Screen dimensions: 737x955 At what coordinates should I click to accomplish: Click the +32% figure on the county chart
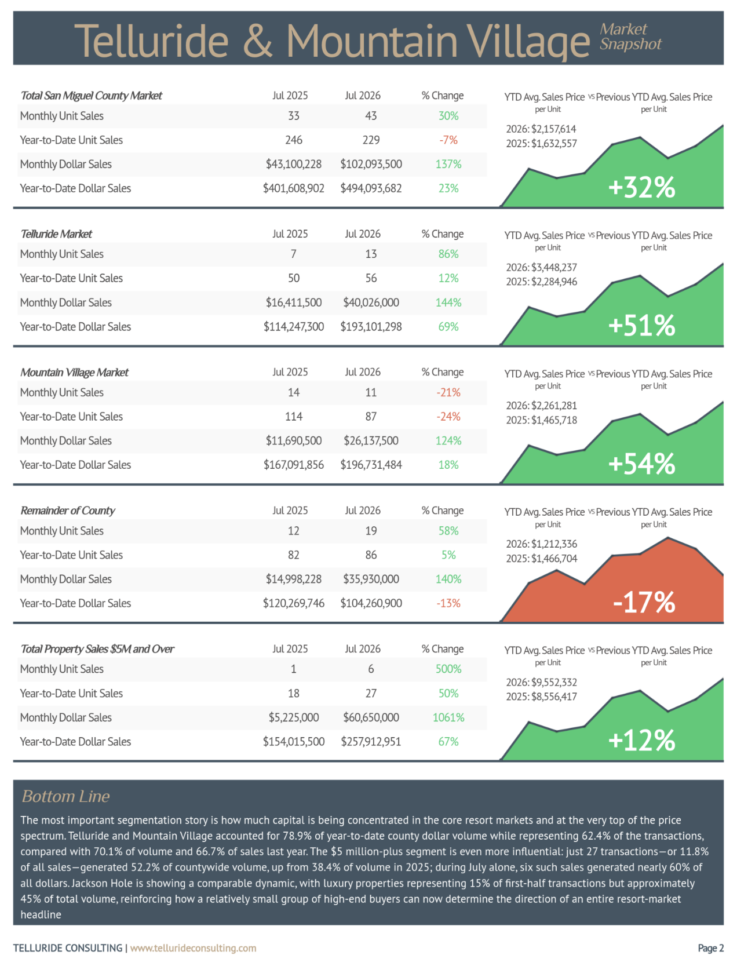pyautogui.click(x=641, y=188)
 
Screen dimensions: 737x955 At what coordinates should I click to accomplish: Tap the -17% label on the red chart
pyautogui.click(x=644, y=602)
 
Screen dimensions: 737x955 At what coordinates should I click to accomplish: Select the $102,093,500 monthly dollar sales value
pyautogui.click(x=371, y=165)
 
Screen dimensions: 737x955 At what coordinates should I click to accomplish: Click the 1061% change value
pyautogui.click(x=448, y=717)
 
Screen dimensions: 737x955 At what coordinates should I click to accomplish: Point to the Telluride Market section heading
pyautogui.click(x=56, y=234)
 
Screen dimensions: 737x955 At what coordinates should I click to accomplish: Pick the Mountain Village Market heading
pyautogui.click(x=74, y=372)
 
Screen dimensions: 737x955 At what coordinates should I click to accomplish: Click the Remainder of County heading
pyautogui.click(x=68, y=511)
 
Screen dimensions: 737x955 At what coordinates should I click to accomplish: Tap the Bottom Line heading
pyautogui.click(x=66, y=796)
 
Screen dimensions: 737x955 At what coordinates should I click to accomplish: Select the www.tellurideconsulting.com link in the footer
pyautogui.click(x=194, y=948)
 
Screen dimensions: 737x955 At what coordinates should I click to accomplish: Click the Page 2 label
pyautogui.click(x=711, y=948)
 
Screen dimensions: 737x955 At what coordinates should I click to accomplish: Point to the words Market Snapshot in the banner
pyautogui.click(x=631, y=37)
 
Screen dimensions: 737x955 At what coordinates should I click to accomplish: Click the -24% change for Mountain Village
pyautogui.click(x=448, y=417)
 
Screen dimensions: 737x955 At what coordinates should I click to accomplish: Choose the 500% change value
pyautogui.click(x=448, y=669)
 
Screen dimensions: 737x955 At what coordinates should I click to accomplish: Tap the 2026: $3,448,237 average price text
pyautogui.click(x=541, y=267)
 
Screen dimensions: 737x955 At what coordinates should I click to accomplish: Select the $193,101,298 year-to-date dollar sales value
pyautogui.click(x=371, y=326)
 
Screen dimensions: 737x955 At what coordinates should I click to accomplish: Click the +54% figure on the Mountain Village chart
pyautogui.click(x=641, y=464)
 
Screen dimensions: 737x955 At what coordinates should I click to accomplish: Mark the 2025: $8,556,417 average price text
pyautogui.click(x=541, y=697)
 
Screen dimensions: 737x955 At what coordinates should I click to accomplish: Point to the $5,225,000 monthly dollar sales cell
pyautogui.click(x=293, y=717)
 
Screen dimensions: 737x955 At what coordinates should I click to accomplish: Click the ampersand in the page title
pyautogui.click(x=257, y=41)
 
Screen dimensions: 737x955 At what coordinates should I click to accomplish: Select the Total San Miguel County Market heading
pyautogui.click(x=92, y=96)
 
